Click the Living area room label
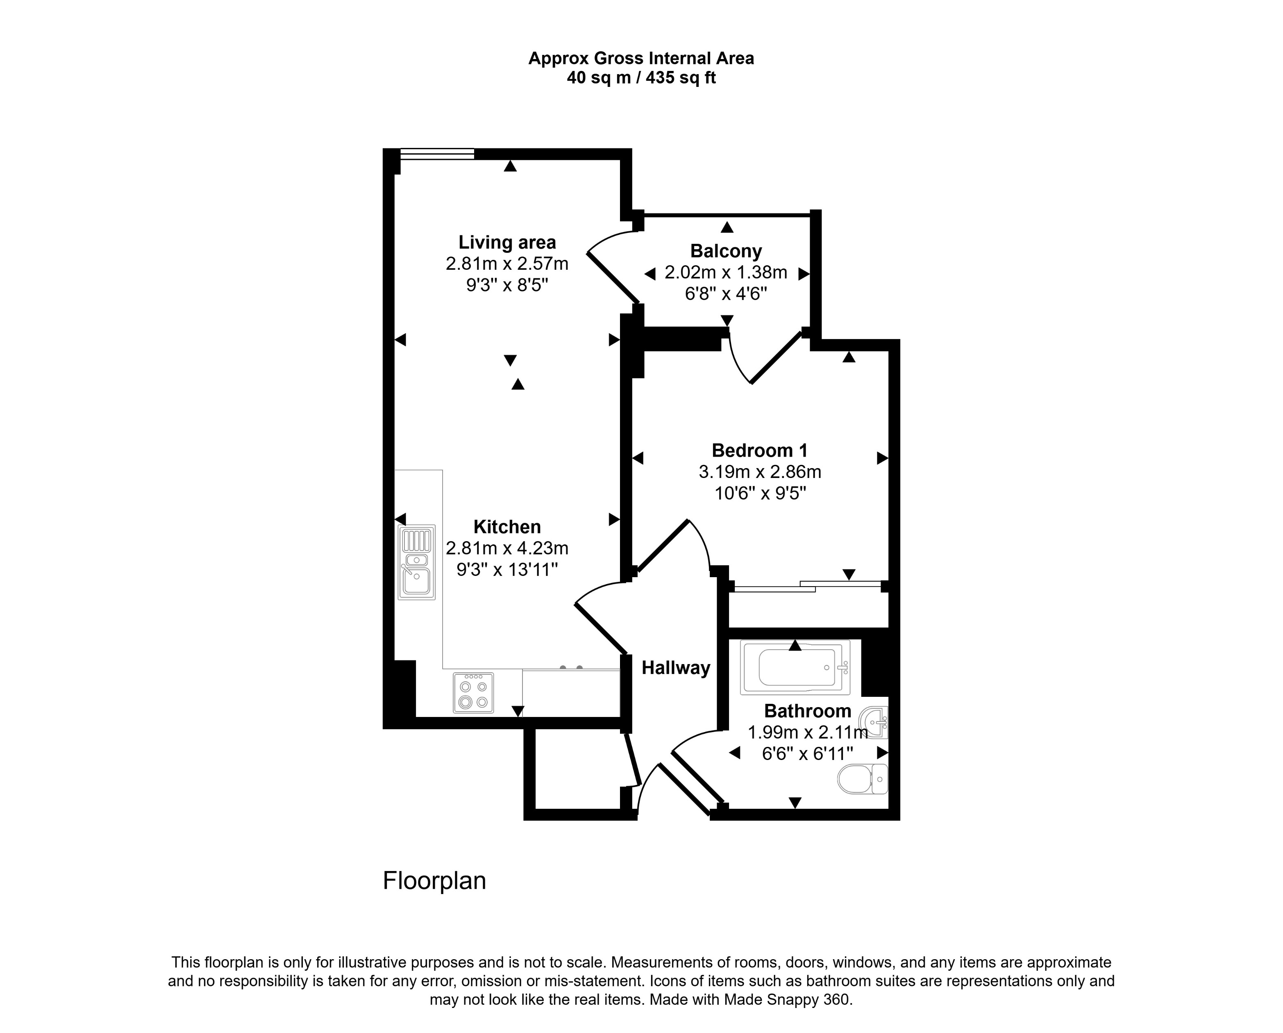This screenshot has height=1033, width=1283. coord(507,242)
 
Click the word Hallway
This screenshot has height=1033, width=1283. coord(675,668)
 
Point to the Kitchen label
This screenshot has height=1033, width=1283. coord(507,527)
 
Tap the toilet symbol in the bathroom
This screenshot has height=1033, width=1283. coord(862,779)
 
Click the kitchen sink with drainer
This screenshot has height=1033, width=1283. coord(417,562)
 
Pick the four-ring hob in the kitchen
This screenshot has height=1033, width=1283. coord(473,692)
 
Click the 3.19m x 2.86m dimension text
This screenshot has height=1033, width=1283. coord(759,472)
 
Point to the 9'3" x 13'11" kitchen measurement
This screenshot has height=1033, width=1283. coord(507,570)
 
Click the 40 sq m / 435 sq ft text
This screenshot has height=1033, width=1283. coord(641,78)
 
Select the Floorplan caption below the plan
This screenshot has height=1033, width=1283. coord(434,881)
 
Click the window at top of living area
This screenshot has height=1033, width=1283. coord(437,154)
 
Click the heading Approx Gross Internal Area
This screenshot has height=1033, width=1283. coord(641,58)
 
